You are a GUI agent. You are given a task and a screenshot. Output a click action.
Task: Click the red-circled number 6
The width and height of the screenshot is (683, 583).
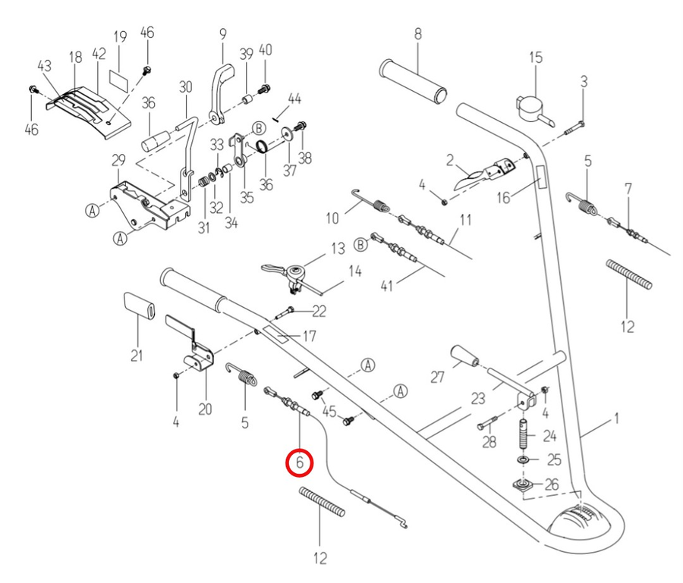click(x=299, y=461)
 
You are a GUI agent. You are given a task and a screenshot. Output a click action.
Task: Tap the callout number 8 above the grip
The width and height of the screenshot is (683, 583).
click(x=417, y=33)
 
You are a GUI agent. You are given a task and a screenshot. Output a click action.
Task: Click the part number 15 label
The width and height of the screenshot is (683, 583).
click(x=536, y=58)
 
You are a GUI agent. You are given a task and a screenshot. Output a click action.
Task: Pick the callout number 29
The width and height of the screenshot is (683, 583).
click(x=118, y=160)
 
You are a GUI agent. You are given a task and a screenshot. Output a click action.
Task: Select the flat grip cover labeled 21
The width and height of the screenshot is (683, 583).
click(x=137, y=308)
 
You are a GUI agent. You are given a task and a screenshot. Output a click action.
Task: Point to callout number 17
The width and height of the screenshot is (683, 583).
click(x=309, y=336)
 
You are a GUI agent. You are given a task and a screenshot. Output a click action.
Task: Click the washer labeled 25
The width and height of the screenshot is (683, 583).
click(x=524, y=460)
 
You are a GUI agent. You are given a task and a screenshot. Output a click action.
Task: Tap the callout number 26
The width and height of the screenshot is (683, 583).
click(x=552, y=484)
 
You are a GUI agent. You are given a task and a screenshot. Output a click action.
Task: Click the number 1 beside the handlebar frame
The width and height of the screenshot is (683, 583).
click(x=617, y=418)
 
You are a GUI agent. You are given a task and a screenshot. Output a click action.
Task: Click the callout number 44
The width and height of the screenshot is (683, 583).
click(x=294, y=99)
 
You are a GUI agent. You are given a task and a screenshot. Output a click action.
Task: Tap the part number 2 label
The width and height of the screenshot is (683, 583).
click(x=449, y=160)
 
